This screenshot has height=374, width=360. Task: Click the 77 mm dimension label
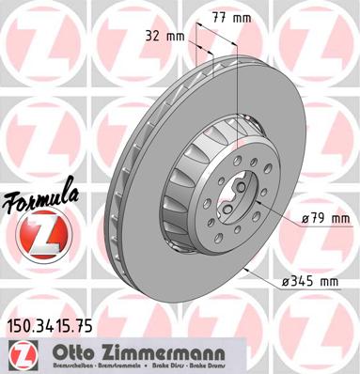217,16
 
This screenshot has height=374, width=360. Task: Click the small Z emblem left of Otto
19,354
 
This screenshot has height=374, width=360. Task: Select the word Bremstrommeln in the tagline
113,366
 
